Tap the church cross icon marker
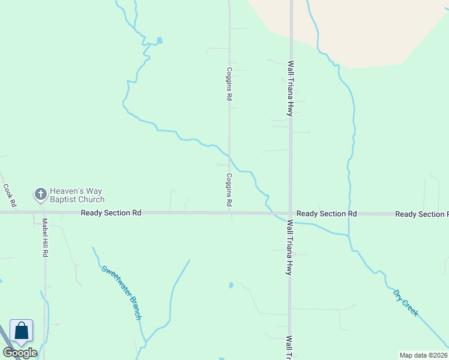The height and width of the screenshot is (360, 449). (x=40, y=194)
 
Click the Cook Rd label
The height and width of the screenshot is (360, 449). (x=8, y=192)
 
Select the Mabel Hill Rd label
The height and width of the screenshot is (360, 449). (x=44, y=237)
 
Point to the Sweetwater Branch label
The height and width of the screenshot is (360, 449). (x=121, y=292)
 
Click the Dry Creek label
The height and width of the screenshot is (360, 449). (x=405, y=303)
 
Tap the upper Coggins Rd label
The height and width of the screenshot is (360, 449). (x=229, y=85)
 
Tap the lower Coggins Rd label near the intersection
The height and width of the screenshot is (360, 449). (x=229, y=190)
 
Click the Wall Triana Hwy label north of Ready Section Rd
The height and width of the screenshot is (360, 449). (x=291, y=88)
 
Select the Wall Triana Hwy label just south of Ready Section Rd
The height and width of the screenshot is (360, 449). (x=290, y=247)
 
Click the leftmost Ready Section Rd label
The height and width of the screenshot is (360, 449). (x=111, y=213)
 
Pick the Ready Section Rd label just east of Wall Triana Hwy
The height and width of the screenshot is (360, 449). (x=327, y=214)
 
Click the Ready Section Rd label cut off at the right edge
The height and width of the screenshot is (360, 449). (x=421, y=214)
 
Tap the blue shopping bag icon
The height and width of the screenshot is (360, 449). (x=21, y=331)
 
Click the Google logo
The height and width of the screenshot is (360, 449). (x=20, y=353)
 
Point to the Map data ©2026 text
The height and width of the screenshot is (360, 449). (x=423, y=355)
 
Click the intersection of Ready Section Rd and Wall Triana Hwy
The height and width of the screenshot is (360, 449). (x=291, y=213)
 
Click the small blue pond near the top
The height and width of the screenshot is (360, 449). (x=159, y=41)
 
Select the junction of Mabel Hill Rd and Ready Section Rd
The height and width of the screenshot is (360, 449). (x=44, y=212)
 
